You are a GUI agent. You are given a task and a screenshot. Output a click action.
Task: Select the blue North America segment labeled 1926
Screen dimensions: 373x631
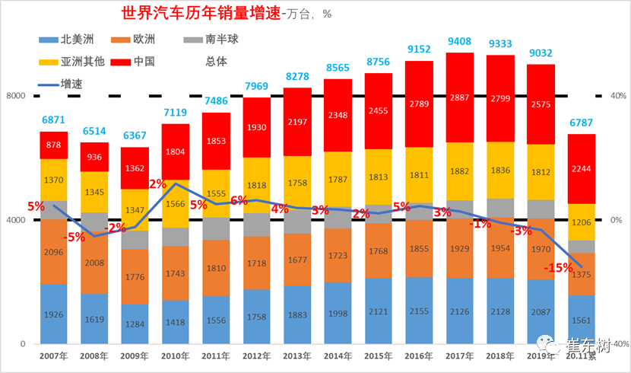[x=54, y=314]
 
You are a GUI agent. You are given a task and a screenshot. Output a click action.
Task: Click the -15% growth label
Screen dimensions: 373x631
[x=558, y=268]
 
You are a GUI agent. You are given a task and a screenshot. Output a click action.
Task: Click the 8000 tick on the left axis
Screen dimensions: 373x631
[x=16, y=96]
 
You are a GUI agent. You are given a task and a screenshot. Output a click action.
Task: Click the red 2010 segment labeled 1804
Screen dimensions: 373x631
[x=176, y=151]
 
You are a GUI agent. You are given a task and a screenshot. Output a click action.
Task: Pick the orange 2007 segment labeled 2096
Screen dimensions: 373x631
[x=54, y=252]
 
